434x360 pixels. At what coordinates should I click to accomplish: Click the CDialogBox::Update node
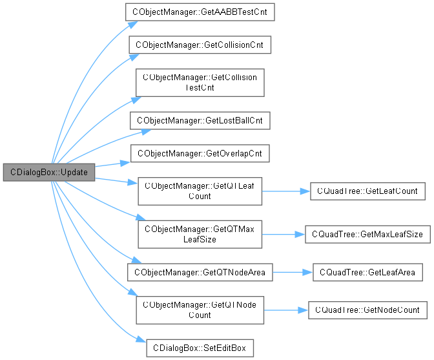(x=49, y=173)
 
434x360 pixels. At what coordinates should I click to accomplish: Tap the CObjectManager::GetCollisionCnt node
(x=200, y=45)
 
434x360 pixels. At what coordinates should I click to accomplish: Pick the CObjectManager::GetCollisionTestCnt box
(x=200, y=82)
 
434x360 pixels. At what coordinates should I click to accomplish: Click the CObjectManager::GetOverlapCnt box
(x=200, y=153)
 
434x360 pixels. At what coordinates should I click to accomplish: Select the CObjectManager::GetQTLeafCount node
(x=200, y=191)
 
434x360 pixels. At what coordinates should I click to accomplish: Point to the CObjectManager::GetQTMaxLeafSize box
(x=200, y=234)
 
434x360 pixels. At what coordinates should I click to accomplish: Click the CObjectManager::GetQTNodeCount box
(x=200, y=310)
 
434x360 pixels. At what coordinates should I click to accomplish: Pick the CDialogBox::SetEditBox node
(x=200, y=347)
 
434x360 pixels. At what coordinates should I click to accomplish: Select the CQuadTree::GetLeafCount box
(x=367, y=191)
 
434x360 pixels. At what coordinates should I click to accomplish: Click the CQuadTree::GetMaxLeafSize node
(x=367, y=234)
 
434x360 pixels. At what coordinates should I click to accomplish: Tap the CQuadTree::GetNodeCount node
(x=367, y=310)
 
